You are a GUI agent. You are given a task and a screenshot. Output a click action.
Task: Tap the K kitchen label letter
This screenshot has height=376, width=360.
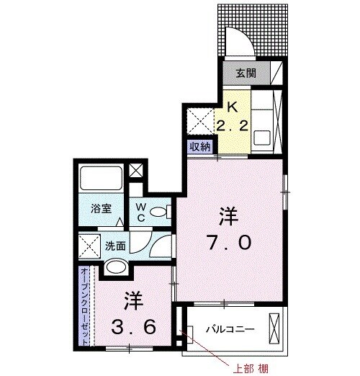click(x=232, y=106)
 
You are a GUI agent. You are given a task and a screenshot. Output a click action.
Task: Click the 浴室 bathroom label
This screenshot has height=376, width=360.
click(x=101, y=209)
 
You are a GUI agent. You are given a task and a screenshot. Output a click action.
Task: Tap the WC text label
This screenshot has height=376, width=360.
click(x=141, y=212)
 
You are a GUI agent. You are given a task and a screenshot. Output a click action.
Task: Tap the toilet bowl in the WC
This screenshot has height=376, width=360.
click(x=163, y=212)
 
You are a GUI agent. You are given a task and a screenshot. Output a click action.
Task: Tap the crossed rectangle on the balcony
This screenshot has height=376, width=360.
click(x=275, y=330)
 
